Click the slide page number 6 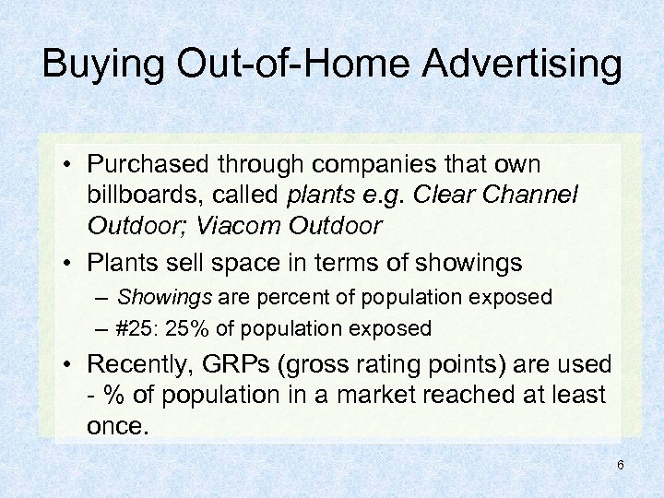pos(621,465)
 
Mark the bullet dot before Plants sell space pos(70,263)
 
